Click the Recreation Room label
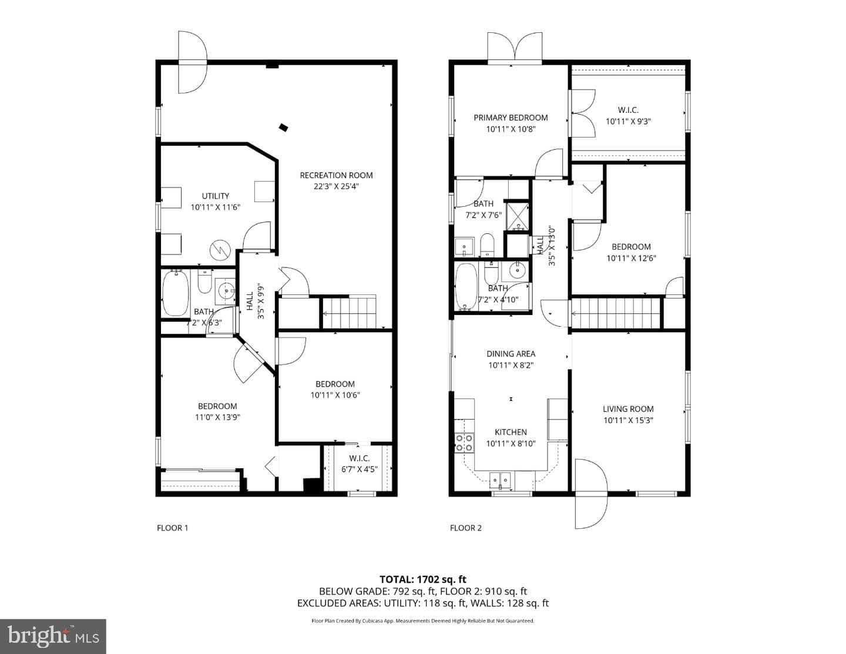pos(336,175)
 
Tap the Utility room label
pos(215,196)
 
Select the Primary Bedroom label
pos(511,118)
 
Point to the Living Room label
pos(628,409)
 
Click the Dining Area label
pos(511,354)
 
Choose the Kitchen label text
pos(511,432)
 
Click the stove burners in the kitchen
pos(465,442)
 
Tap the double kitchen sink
pos(501,480)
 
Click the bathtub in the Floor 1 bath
pos(175,293)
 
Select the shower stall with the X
pos(517,216)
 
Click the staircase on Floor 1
pos(350,312)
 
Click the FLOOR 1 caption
pos(173,528)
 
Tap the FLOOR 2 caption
pos(466,528)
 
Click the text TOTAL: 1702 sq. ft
pos(423,579)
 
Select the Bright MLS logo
pos(53,636)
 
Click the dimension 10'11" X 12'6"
pos(631,258)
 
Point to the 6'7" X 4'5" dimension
pos(360,469)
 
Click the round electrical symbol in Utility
pos(220,250)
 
